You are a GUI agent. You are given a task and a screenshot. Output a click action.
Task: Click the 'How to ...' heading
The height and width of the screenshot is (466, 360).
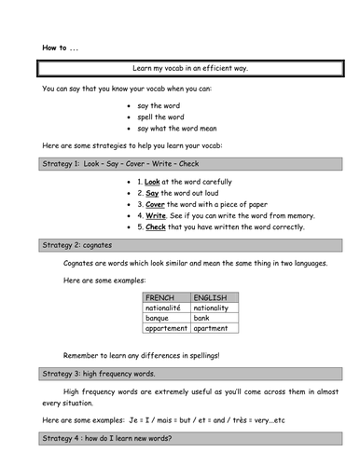pyautogui.click(x=58, y=48)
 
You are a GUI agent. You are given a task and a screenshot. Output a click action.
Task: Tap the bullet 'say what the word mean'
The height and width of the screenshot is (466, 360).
pyautogui.click(x=177, y=129)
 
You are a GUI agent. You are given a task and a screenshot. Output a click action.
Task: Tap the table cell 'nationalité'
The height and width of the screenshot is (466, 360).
pyautogui.click(x=165, y=308)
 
